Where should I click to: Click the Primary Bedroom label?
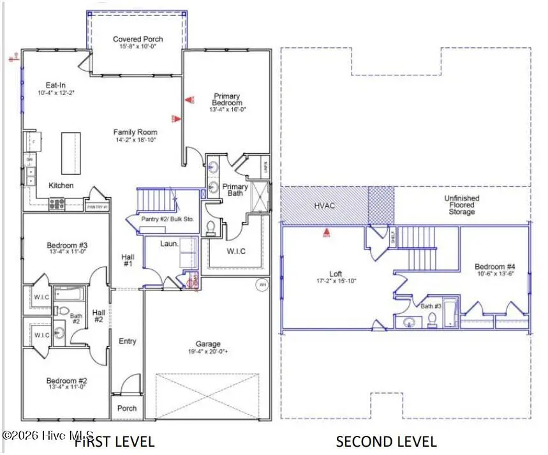(227, 100)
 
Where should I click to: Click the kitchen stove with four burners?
(56, 204)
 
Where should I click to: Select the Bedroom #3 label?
(66, 246)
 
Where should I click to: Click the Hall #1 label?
(128, 260)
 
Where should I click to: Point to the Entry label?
(128, 341)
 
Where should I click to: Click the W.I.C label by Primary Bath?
(236, 251)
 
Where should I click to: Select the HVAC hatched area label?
(325, 206)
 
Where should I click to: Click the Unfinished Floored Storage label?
(461, 205)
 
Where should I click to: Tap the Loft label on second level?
(336, 274)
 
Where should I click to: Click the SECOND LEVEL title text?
(386, 441)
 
